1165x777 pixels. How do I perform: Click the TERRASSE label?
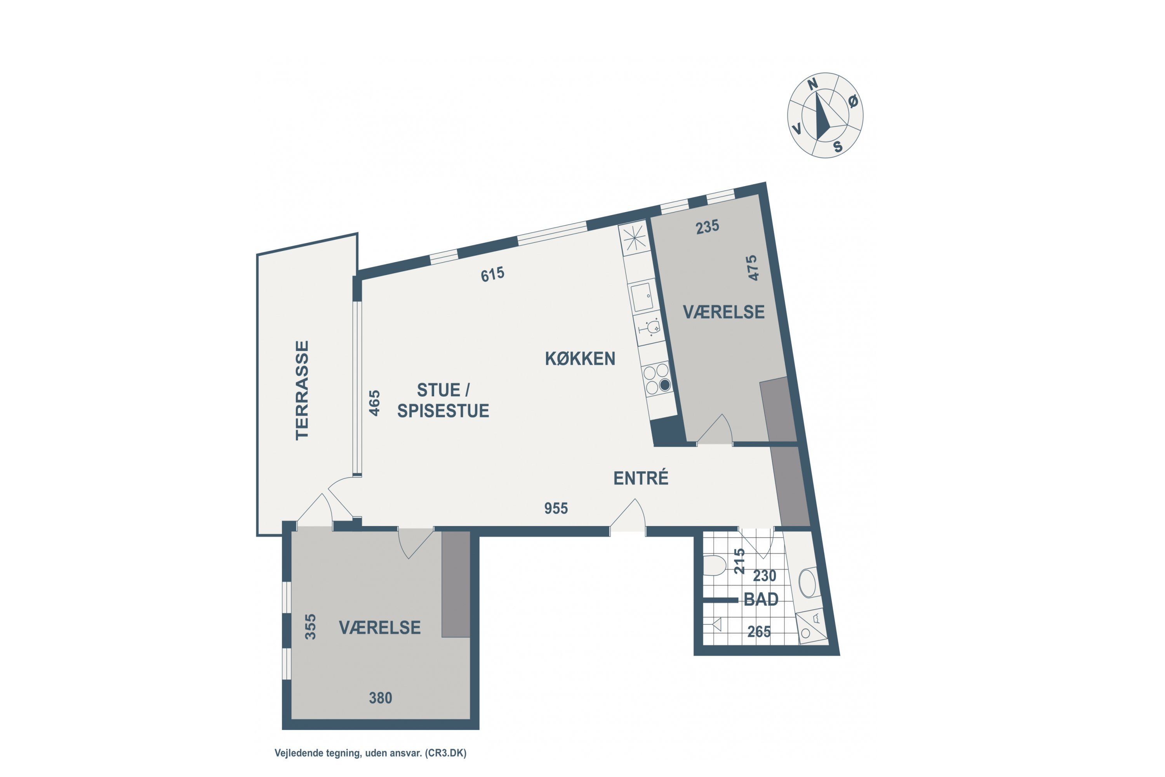click(x=302, y=390)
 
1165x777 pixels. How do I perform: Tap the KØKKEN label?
click(x=580, y=359)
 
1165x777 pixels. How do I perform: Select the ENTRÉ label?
click(x=641, y=478)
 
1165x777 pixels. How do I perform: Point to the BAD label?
click(x=761, y=599)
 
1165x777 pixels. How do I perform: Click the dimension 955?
click(x=556, y=509)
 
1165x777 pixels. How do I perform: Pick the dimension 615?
click(x=492, y=274)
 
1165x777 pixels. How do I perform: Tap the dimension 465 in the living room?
click(x=374, y=403)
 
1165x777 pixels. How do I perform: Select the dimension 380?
click(x=381, y=698)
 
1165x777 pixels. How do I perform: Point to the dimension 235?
click(x=707, y=227)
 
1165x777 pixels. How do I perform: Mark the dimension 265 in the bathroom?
click(x=759, y=632)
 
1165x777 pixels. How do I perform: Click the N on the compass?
click(x=813, y=85)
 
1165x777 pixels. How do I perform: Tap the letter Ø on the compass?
click(x=852, y=101)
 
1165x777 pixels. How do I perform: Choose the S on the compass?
click(x=838, y=147)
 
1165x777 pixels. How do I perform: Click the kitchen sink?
click(x=642, y=296)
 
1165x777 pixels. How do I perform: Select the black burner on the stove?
click(x=665, y=385)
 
